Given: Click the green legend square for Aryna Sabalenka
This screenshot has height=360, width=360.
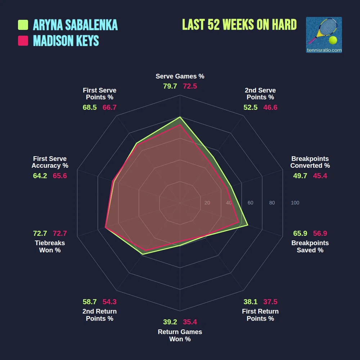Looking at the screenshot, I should click(x=23, y=25).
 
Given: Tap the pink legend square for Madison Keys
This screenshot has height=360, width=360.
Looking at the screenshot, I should click(x=23, y=41).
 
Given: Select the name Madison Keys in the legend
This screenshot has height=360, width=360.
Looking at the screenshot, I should click(x=66, y=41).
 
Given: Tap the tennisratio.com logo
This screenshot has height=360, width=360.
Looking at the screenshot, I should click(x=324, y=35).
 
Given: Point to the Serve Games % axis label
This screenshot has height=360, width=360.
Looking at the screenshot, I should click(x=180, y=76).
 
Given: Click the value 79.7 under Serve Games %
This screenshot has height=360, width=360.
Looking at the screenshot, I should click(x=170, y=86).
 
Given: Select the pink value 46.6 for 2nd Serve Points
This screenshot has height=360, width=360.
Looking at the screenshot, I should click(x=270, y=107).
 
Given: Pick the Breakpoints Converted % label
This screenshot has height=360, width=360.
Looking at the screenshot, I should click(x=310, y=162).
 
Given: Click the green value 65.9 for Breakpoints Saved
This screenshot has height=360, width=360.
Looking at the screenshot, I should click(x=300, y=233).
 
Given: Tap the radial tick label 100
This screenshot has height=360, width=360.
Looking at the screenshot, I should click(x=295, y=203).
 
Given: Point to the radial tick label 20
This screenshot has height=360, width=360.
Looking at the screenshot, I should click(x=207, y=203).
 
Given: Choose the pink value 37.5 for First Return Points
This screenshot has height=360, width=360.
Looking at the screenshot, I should click(x=270, y=302).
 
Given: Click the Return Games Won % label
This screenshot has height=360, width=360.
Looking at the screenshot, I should click(x=180, y=335).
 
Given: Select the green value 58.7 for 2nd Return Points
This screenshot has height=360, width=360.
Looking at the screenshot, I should click(x=90, y=302).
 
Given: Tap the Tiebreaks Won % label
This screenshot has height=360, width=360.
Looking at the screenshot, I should click(x=50, y=246).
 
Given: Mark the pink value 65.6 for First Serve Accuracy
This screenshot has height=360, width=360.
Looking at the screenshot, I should click(x=60, y=176).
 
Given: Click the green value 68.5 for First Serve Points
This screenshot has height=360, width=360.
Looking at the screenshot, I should click(x=90, y=107).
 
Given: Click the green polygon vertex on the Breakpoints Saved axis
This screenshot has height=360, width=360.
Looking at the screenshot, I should click(x=248, y=225).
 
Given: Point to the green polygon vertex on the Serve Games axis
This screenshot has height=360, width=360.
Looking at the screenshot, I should click(x=180, y=117).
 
